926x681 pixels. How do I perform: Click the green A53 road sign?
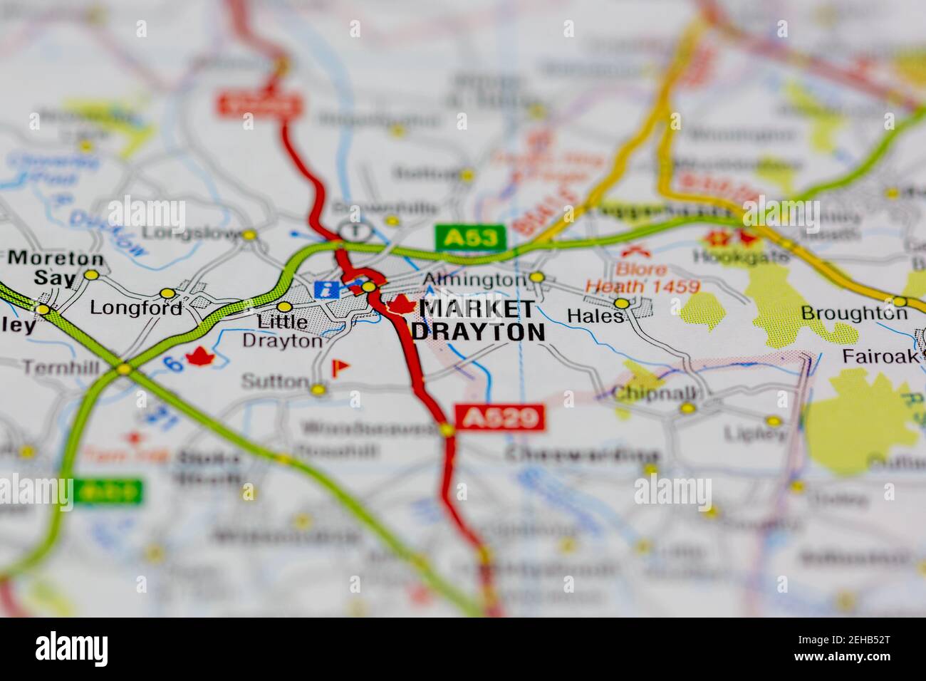470,238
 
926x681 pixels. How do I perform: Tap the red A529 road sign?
499,417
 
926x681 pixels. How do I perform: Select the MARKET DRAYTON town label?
478,320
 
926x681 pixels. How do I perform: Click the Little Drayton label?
282,331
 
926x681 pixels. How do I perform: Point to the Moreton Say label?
56,268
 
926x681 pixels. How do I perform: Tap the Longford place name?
136,308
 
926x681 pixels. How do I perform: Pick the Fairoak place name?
880,355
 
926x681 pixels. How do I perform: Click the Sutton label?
274,382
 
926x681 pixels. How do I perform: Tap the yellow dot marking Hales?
622,303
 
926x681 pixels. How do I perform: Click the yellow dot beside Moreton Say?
91,275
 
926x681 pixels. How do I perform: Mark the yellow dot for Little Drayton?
284,307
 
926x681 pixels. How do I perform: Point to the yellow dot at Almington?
537,277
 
